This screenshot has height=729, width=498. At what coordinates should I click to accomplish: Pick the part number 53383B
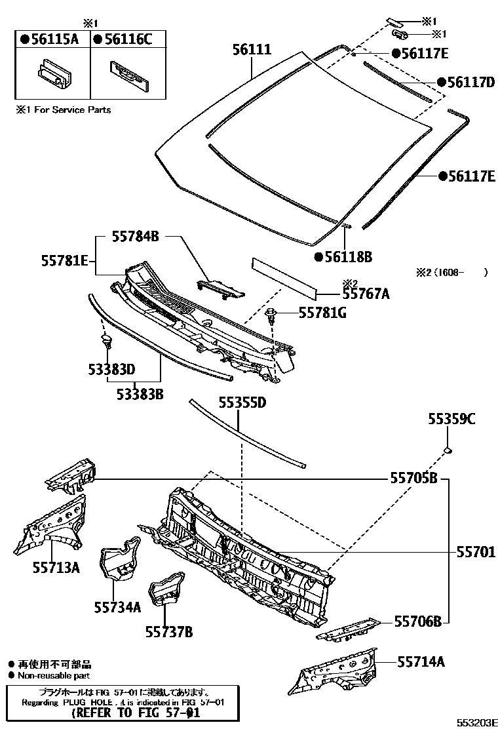click(140, 395)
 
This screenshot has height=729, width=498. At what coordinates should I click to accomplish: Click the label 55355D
click(242, 403)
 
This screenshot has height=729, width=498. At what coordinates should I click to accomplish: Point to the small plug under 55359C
click(448, 450)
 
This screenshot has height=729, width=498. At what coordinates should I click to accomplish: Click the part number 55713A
click(56, 567)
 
